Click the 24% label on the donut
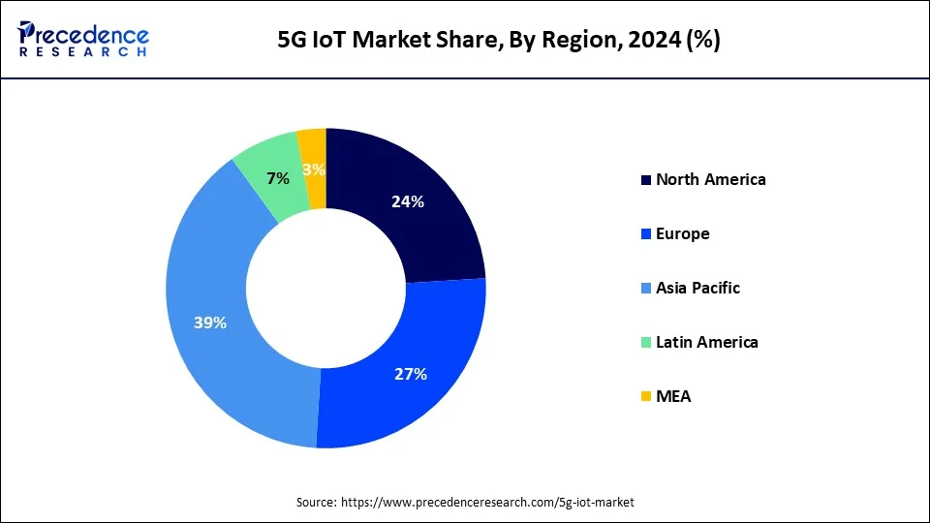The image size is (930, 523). click(x=408, y=202)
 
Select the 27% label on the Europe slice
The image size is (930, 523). click(x=411, y=374)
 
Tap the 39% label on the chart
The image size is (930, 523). click(x=210, y=323)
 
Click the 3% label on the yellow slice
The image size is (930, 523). click(x=314, y=170)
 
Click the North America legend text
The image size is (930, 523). click(x=710, y=179)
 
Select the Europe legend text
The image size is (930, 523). click(x=682, y=233)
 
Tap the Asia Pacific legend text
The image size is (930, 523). click(x=697, y=288)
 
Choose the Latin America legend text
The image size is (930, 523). click(x=706, y=342)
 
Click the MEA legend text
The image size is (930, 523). click(x=673, y=396)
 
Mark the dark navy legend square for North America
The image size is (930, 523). click(x=645, y=180)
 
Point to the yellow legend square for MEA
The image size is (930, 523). click(x=645, y=397)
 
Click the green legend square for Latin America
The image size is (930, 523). click(x=645, y=343)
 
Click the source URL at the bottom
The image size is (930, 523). click(x=486, y=502)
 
